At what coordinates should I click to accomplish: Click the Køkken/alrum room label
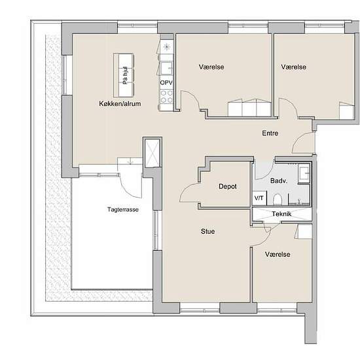[120, 103]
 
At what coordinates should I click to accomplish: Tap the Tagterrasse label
[123, 209]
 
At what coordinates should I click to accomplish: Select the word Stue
[207, 231]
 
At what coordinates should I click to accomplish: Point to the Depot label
[228, 186]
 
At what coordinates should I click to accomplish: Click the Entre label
[270, 133]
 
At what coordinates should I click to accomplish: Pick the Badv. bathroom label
[279, 181]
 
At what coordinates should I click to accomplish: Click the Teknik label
[281, 214]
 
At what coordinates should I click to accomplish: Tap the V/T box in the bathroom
[259, 198]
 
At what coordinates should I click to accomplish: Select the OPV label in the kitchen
[166, 82]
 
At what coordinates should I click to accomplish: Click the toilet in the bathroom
[278, 199]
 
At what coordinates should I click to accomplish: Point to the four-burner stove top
[166, 96]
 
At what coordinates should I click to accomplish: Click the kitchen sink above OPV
[166, 68]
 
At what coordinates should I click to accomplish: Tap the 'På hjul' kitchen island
[124, 75]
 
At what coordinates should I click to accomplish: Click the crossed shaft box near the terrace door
[152, 153]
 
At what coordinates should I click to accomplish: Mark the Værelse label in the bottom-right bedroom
[278, 254]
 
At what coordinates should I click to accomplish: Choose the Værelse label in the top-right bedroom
[294, 67]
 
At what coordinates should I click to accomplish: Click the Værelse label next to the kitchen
[211, 67]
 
